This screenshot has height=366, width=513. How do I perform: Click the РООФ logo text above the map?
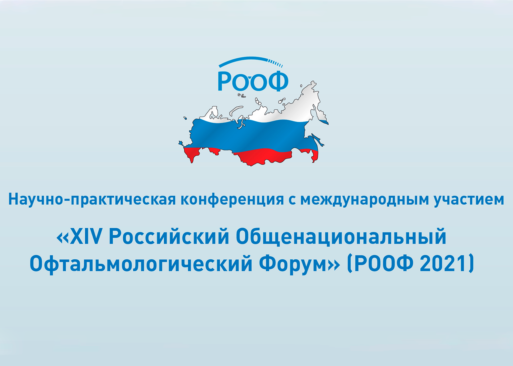[x=253, y=81]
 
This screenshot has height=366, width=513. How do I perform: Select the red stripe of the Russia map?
[x=262, y=156]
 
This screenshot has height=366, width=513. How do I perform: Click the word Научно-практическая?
[x=92, y=200]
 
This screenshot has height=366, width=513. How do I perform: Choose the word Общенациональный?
[x=341, y=237]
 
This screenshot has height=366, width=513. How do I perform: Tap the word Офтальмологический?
[x=141, y=264]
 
